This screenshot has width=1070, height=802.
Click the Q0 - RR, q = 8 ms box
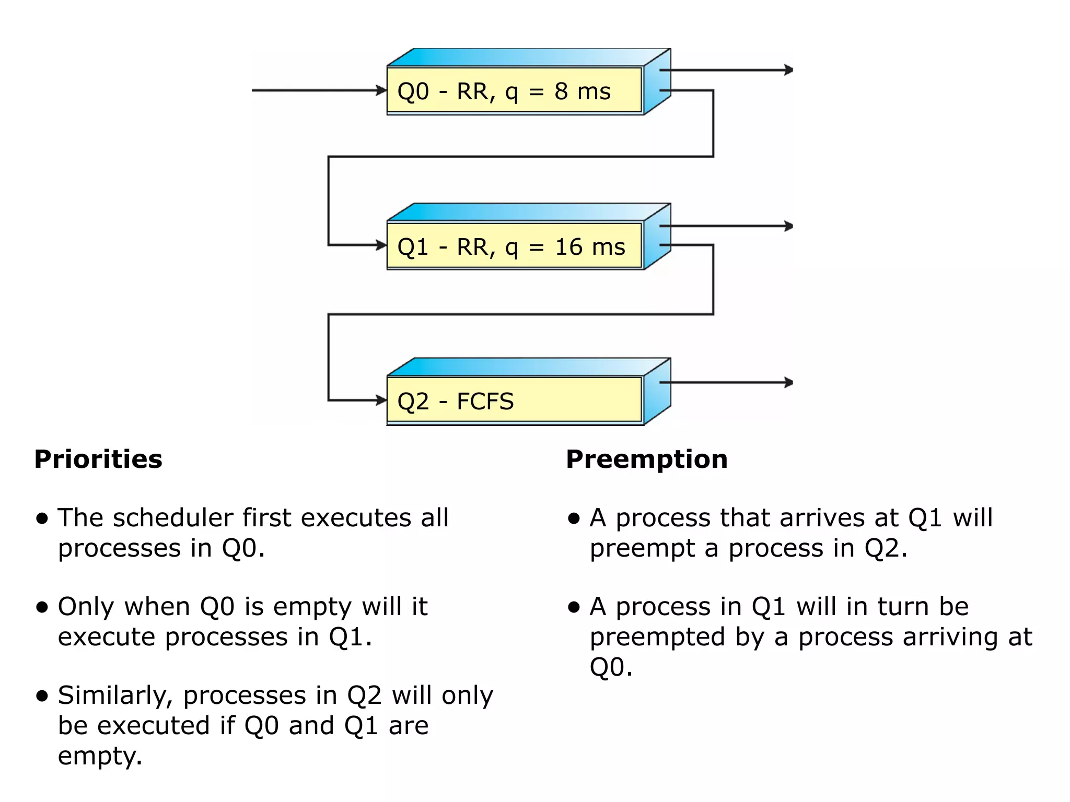tap(515, 90)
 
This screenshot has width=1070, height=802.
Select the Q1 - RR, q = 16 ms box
tap(515, 246)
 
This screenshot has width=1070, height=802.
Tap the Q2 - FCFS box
tap(515, 400)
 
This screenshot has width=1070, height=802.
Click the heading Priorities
tap(98, 459)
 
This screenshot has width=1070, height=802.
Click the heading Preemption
tap(647, 459)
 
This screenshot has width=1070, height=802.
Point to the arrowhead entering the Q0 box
tap(381, 90)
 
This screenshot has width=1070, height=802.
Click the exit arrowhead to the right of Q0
tap(788, 69)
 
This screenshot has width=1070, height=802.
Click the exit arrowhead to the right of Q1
tap(788, 226)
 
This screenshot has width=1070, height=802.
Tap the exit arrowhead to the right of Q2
tap(788, 382)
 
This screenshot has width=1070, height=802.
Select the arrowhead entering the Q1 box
tap(381, 245)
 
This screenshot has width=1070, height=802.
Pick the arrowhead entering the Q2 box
tap(381, 400)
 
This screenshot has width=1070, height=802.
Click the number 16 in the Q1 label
tap(568, 246)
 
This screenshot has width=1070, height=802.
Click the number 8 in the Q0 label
tap(561, 91)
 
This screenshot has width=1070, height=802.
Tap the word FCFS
tap(485, 402)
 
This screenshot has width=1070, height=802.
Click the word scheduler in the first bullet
tap(173, 518)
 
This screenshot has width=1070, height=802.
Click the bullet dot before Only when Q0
tap(42, 607)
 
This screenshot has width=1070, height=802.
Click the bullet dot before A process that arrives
tap(574, 518)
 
